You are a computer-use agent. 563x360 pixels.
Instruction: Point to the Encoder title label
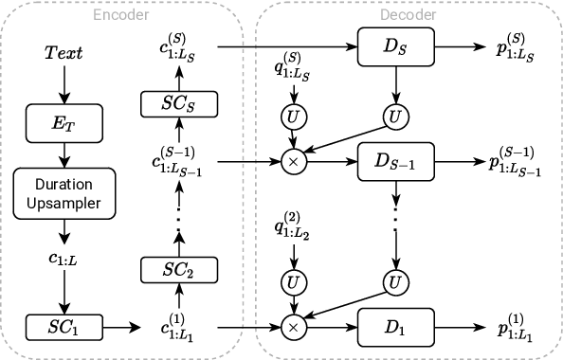tap(120, 13)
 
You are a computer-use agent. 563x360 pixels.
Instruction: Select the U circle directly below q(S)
tap(293, 117)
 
